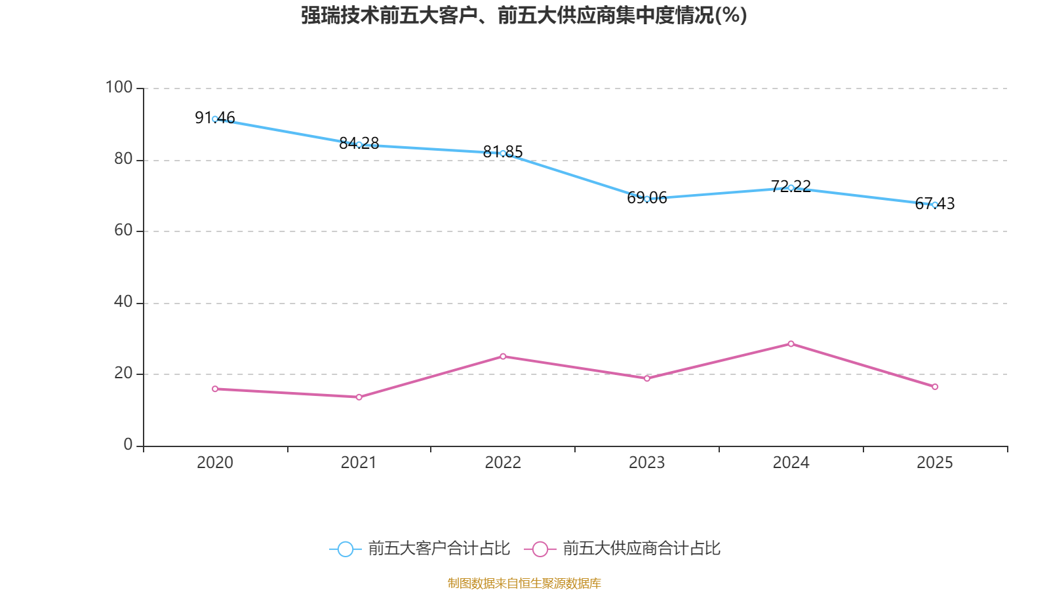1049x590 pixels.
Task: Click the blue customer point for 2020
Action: pos(215,119)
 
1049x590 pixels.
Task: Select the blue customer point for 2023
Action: pos(647,199)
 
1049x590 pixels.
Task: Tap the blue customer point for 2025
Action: pos(935,205)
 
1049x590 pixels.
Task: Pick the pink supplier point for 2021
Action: pos(359,397)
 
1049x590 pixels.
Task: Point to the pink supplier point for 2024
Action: pos(791,344)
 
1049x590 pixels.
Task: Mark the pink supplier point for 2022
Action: pos(503,356)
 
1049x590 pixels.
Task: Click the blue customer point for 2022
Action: pos(503,153)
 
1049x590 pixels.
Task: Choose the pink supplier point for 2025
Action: pos(935,387)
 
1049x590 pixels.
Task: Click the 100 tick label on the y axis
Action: pos(119,87)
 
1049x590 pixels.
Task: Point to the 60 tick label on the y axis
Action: pos(123,230)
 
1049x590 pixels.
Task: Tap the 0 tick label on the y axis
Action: pos(128,444)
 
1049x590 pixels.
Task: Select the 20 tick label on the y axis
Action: pos(123,373)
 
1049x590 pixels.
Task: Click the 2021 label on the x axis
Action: pos(359,463)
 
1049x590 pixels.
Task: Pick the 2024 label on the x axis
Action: pos(791,463)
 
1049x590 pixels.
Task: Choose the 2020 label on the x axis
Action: pos(215,463)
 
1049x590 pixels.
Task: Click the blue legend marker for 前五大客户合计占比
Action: pos(345,549)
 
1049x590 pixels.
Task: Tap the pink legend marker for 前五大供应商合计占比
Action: pos(540,549)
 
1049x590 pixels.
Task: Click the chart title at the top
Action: pos(524,15)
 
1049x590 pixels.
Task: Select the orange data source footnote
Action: pos(524,583)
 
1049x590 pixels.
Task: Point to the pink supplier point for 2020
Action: pos(215,389)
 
